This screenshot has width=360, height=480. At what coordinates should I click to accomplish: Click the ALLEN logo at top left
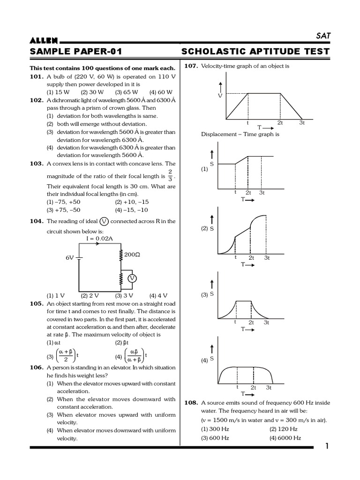tap(44, 41)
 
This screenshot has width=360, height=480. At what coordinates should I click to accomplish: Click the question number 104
tap(37, 221)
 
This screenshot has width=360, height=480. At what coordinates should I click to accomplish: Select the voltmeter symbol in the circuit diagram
tap(132, 278)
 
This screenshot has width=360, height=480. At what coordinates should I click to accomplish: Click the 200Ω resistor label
tap(131, 255)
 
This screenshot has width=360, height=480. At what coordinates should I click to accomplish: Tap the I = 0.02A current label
tap(99, 239)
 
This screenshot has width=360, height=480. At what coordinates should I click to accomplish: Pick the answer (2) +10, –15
tap(131, 202)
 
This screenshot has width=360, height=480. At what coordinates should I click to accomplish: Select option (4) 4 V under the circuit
tap(158, 296)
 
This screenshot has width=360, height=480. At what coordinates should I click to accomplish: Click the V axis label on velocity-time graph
tap(219, 96)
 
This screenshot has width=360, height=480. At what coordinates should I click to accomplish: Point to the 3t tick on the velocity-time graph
tap(302, 123)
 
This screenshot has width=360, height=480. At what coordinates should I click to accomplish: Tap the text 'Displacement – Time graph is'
tap(240, 134)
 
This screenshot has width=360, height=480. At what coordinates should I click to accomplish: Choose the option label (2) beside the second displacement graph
tap(204, 228)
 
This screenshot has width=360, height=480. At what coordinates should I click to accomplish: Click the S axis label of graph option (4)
tap(212, 359)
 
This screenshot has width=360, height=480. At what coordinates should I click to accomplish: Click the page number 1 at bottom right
tap(327, 446)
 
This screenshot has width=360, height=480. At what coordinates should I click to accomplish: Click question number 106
tap(37, 367)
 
